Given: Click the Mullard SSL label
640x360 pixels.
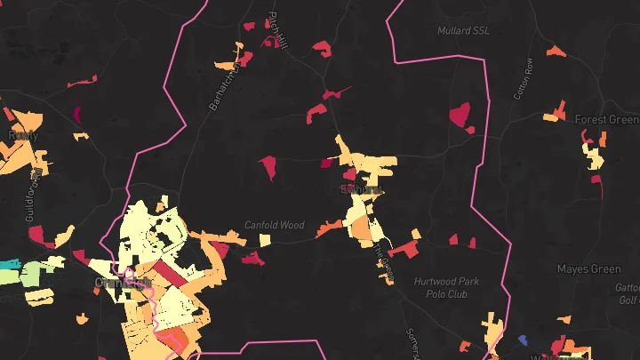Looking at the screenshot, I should click(463, 30).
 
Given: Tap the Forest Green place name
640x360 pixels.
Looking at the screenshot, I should click(606, 120).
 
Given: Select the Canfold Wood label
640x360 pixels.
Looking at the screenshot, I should click(275, 225).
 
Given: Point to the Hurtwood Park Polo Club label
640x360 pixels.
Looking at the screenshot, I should click(446, 287).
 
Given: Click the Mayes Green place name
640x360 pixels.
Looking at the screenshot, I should click(588, 268).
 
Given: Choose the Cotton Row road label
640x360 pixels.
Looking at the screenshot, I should click(523, 78).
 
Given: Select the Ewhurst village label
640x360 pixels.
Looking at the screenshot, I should click(361, 189).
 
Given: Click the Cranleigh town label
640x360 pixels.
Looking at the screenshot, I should click(122, 283).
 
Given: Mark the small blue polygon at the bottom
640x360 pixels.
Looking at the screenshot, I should click(523, 339).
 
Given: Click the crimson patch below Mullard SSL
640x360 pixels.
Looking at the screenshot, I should click(460, 115).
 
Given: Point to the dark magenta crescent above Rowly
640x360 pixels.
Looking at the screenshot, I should click(76, 114).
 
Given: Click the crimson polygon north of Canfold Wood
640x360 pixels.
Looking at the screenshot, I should click(268, 165).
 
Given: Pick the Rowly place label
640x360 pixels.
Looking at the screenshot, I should click(20, 135).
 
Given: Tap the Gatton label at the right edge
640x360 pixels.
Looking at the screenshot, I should click(628, 287).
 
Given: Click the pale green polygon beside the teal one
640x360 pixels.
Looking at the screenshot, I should click(33, 273).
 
